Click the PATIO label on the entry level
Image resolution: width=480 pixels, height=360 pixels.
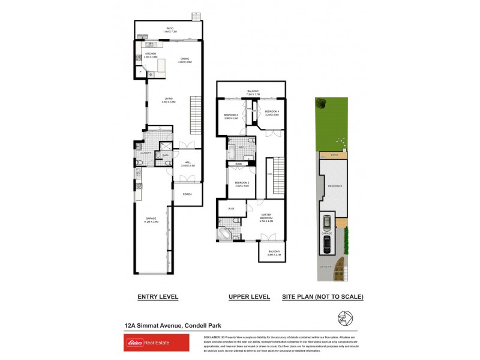tap(170, 28)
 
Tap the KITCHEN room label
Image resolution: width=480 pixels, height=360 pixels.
tap(142, 53)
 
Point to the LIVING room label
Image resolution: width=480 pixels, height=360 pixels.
tap(168, 100)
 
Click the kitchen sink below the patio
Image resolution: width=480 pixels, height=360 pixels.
tap(150, 43)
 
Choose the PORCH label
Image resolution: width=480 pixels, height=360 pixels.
tap(187, 194)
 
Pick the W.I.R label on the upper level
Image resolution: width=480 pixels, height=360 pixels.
tap(231, 208)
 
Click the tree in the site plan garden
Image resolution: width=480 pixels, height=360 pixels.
tap(323, 104)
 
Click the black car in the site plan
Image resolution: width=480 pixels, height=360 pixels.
tap(326, 243)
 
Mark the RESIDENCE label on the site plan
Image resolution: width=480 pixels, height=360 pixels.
tap(335, 186)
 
